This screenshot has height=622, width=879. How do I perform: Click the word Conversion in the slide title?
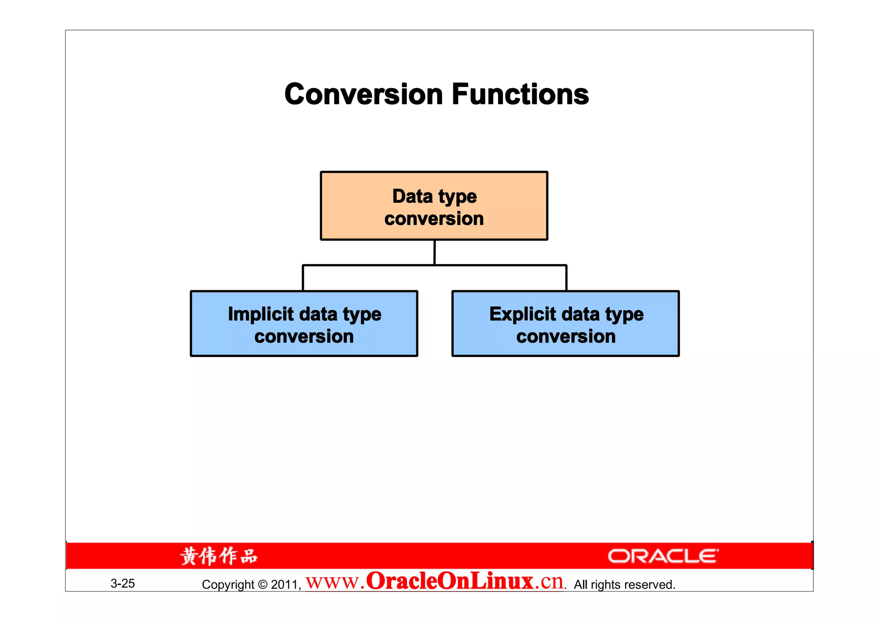coord(363,95)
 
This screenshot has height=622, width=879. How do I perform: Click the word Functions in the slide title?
coord(520,95)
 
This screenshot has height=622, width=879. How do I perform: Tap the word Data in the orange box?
coord(412,196)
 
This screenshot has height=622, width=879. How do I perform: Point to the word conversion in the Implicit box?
coord(304,336)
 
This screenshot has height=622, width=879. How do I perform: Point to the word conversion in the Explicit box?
coord(566,336)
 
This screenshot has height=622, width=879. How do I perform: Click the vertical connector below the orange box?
coord(434,253)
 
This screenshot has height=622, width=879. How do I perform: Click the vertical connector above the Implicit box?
coord(303,278)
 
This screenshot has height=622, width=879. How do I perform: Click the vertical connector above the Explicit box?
coord(566,278)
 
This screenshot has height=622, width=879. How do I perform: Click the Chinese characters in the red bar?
coord(219,556)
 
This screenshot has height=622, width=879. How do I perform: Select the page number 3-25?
coord(123,583)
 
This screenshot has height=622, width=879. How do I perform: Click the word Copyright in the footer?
coord(228,585)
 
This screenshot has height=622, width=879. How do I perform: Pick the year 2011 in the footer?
coord(285,585)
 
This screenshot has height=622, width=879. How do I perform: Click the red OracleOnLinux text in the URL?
coord(449,581)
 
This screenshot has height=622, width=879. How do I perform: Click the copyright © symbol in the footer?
coord(263,585)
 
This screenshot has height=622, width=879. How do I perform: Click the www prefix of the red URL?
coord(332,582)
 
